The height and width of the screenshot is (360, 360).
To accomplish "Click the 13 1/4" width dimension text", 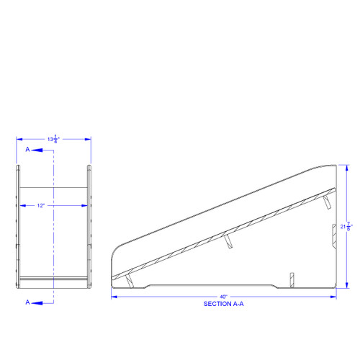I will click(x=53, y=139).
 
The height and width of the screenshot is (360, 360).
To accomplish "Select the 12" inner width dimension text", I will click(x=41, y=205).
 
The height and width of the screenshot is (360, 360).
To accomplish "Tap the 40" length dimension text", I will click(x=224, y=297).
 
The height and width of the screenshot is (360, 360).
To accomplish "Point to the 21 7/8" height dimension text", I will click(x=348, y=227).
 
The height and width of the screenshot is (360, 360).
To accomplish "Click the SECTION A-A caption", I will click(x=224, y=304).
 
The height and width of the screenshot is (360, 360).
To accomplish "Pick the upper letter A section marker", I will click(x=28, y=150).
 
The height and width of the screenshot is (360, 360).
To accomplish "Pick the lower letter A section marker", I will click(x=28, y=302).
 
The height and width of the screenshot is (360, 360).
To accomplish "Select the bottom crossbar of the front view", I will click(x=53, y=277).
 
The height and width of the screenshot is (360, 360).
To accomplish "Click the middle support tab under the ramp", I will click(x=228, y=240).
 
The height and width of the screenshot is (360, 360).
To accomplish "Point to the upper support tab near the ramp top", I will click(x=328, y=201).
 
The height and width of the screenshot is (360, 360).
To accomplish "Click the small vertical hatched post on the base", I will click(x=291, y=279).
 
